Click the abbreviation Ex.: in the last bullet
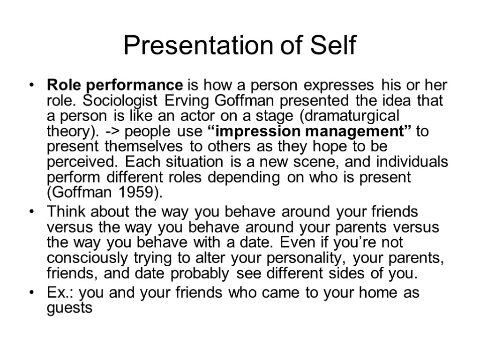click(61, 293)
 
